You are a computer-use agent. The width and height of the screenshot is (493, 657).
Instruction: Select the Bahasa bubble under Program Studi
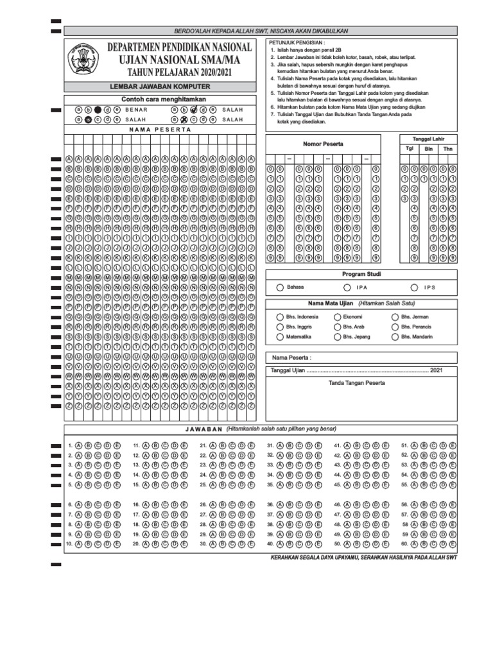(x=280, y=287)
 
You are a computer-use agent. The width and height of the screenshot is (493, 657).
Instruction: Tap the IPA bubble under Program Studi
(x=347, y=287)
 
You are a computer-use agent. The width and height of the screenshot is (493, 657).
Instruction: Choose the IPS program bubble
(x=415, y=287)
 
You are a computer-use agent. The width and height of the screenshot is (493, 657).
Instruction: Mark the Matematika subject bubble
(x=280, y=336)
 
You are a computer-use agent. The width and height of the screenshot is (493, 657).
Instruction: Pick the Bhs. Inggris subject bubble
(x=280, y=327)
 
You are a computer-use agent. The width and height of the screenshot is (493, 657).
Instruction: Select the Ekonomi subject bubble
(x=337, y=317)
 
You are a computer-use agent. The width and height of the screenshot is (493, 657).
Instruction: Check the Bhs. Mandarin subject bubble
(x=395, y=336)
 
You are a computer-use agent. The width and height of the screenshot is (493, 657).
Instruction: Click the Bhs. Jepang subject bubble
(x=337, y=336)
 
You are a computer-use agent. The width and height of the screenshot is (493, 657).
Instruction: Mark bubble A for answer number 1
(x=78, y=445)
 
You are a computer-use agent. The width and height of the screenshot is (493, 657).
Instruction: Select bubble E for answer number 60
(x=453, y=543)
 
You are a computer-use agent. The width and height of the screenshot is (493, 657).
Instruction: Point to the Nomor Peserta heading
(x=323, y=144)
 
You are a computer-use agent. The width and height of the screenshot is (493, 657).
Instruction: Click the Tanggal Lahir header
(x=428, y=139)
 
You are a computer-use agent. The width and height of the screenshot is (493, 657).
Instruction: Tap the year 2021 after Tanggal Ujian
(x=437, y=370)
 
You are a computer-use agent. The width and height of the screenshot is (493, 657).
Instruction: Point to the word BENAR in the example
(x=136, y=110)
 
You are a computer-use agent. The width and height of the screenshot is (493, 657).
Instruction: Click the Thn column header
(x=447, y=148)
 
